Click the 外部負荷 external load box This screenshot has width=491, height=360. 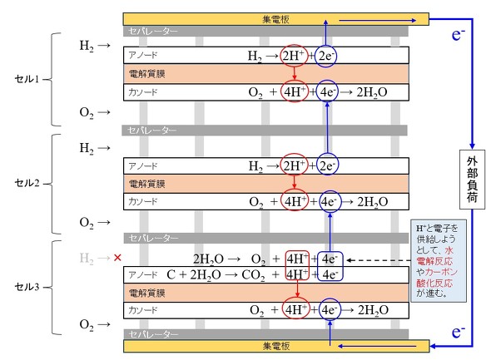pyautogui.click(x=472, y=180)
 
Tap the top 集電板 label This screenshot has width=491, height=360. pyautogui.click(x=275, y=19)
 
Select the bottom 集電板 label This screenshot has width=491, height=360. pyautogui.click(x=276, y=346)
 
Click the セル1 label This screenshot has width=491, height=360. pyautogui.click(x=27, y=79)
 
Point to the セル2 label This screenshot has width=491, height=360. pyautogui.click(x=27, y=183)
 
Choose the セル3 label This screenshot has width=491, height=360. pyautogui.click(x=27, y=287)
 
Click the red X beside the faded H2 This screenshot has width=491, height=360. pyautogui.click(x=117, y=258)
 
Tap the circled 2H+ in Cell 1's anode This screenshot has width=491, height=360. pyautogui.click(x=294, y=56)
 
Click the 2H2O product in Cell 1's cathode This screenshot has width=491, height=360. pyautogui.click(x=372, y=92)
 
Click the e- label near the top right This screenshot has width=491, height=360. pyautogui.click(x=458, y=34)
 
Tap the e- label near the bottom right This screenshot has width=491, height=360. pyautogui.click(x=458, y=332)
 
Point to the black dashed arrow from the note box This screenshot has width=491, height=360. pyautogui.click(x=379, y=260)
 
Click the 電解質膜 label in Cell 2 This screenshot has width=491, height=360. pyautogui.click(x=146, y=184)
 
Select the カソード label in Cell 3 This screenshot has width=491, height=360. pyautogui.click(x=143, y=310)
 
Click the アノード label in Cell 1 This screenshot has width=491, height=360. pyautogui.click(x=143, y=55)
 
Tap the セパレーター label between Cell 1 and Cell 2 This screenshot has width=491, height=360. pyautogui.click(x=152, y=130)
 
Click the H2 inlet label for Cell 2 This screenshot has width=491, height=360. pyautogui.click(x=87, y=148)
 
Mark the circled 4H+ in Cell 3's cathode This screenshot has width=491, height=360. pyautogui.click(x=295, y=309)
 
